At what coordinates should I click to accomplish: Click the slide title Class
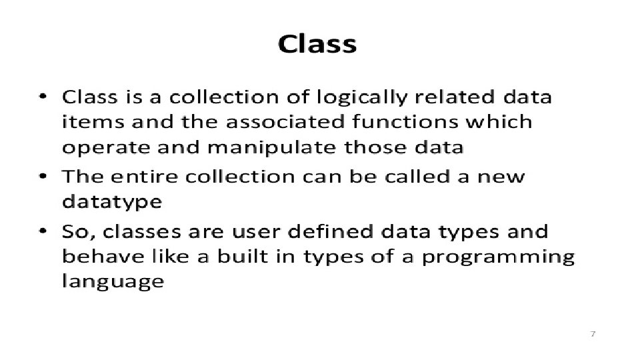click(317, 44)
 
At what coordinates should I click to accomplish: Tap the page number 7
click(593, 334)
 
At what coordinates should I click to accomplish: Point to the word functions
click(405, 121)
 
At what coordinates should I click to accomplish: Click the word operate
click(106, 148)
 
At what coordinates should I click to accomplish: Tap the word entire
click(144, 176)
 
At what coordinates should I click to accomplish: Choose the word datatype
click(112, 202)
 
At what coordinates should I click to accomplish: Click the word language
click(113, 282)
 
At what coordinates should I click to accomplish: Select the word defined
click(330, 231)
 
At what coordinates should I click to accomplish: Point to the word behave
click(103, 256)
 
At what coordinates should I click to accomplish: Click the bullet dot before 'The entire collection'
click(43, 176)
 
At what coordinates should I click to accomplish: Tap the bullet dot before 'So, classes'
click(43, 231)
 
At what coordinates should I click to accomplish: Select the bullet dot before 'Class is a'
click(43, 97)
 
